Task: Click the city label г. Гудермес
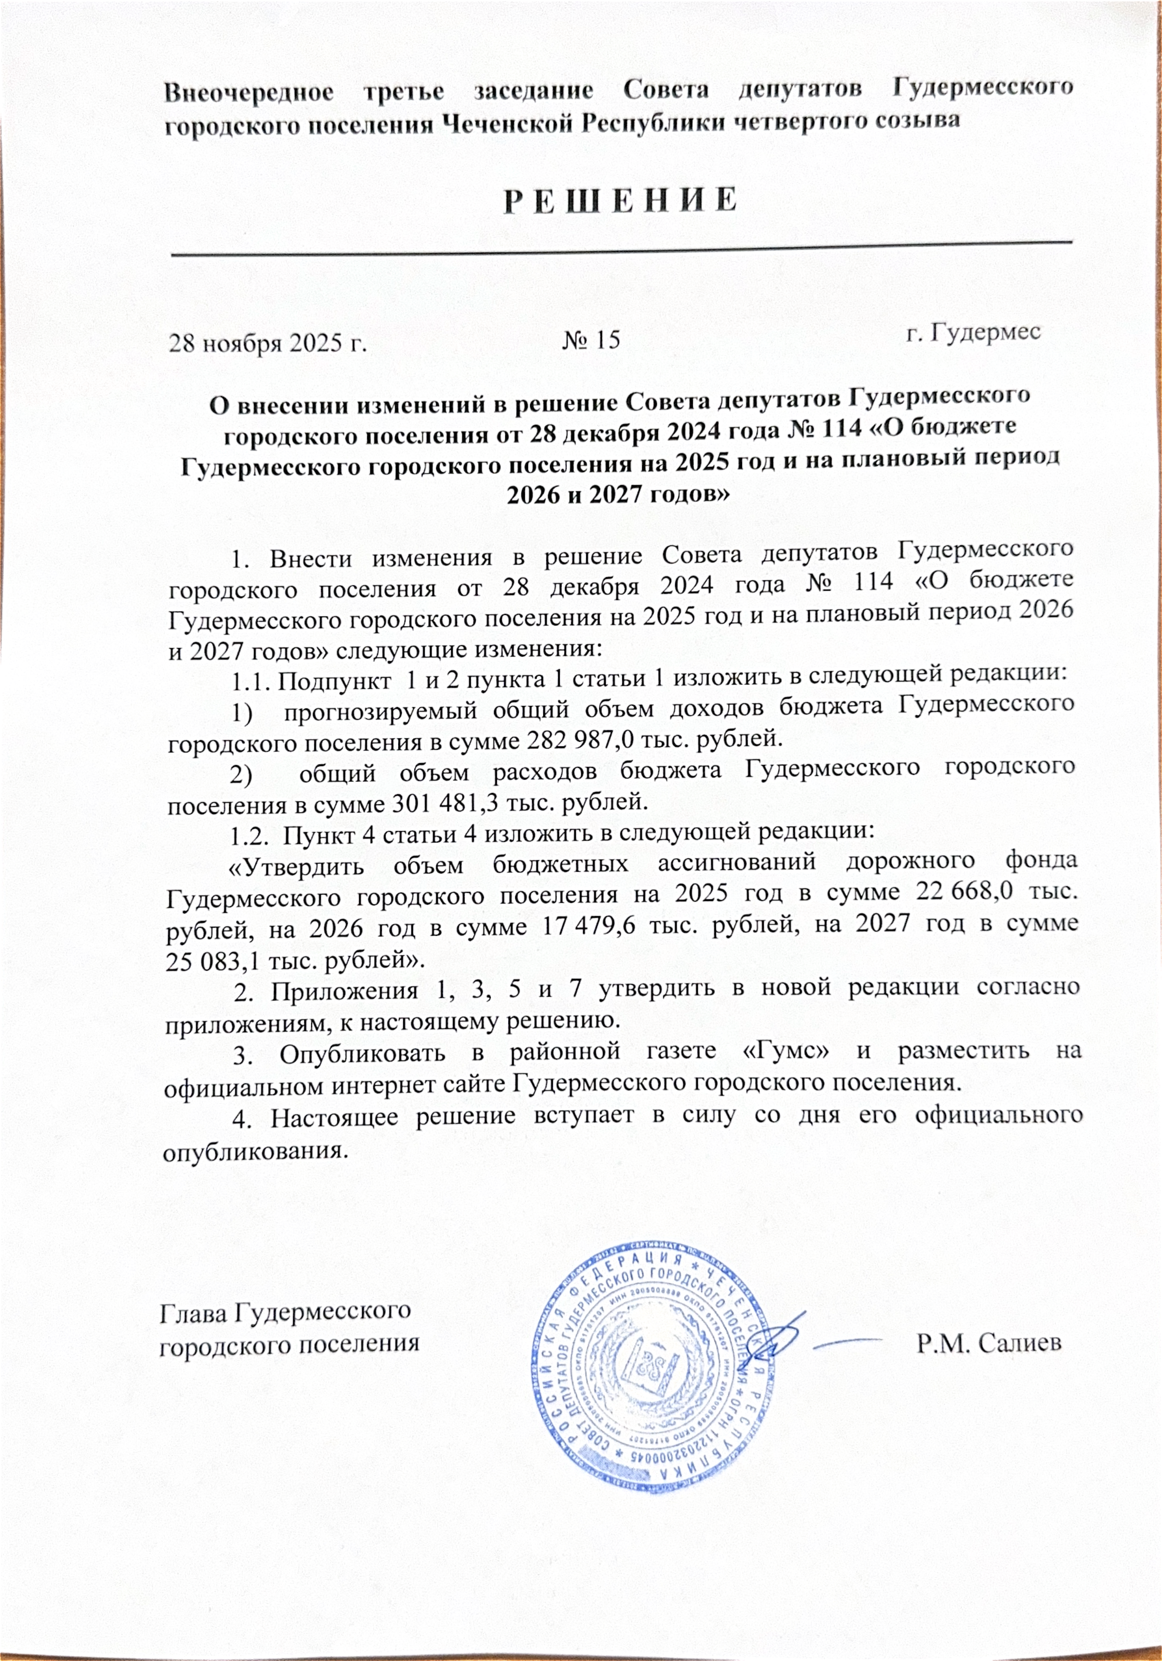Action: tap(973, 331)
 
